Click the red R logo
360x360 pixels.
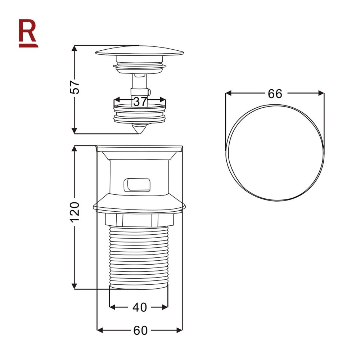[28, 33]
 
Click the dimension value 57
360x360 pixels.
[75, 86]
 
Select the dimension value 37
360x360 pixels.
[140, 102]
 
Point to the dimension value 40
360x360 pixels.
[140, 307]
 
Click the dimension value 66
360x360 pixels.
[275, 94]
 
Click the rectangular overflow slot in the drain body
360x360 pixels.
[137, 185]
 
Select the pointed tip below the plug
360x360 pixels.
[139, 128]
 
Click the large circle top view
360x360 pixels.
[275, 153]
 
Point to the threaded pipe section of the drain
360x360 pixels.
[139, 256]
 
